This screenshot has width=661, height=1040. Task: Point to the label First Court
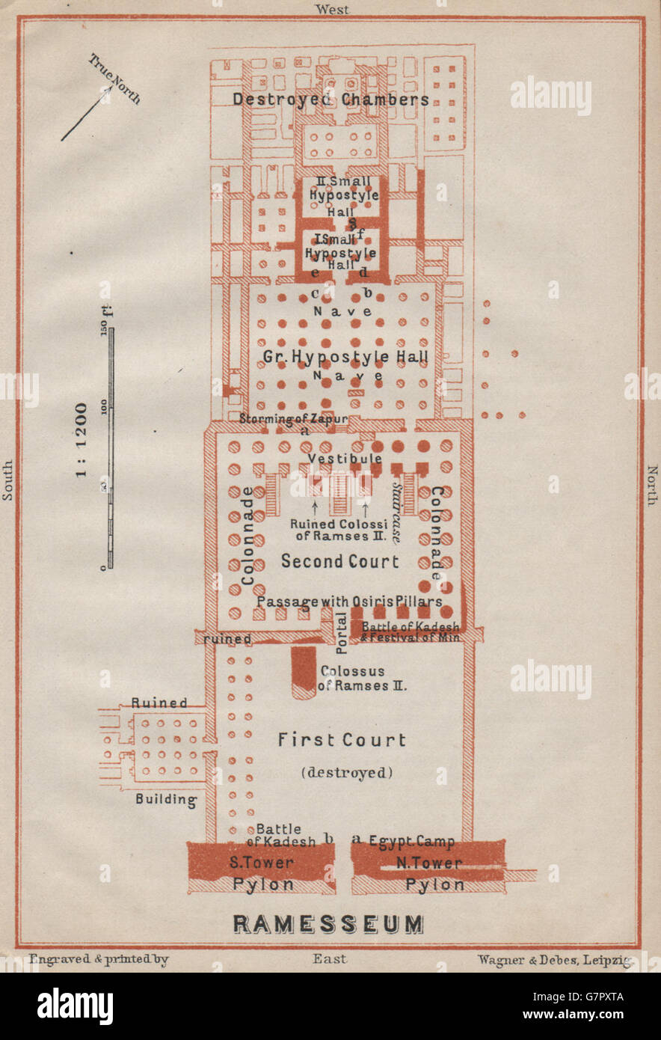pos(342,740)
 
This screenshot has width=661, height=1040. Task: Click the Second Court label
pos(340,561)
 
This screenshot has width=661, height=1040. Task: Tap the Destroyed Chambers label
pos(330,100)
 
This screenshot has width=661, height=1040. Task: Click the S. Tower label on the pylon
pos(261,862)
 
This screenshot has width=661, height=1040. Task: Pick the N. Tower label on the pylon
pos(428,862)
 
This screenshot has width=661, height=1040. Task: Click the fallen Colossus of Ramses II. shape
pos(304,671)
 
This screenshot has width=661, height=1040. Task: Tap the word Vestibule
pos(345,458)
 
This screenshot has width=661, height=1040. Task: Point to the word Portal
pos(342,633)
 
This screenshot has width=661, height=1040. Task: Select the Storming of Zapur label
pos(293,419)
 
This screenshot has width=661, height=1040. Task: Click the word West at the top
pos(332,9)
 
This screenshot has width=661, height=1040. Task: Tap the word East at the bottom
pos(330,958)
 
